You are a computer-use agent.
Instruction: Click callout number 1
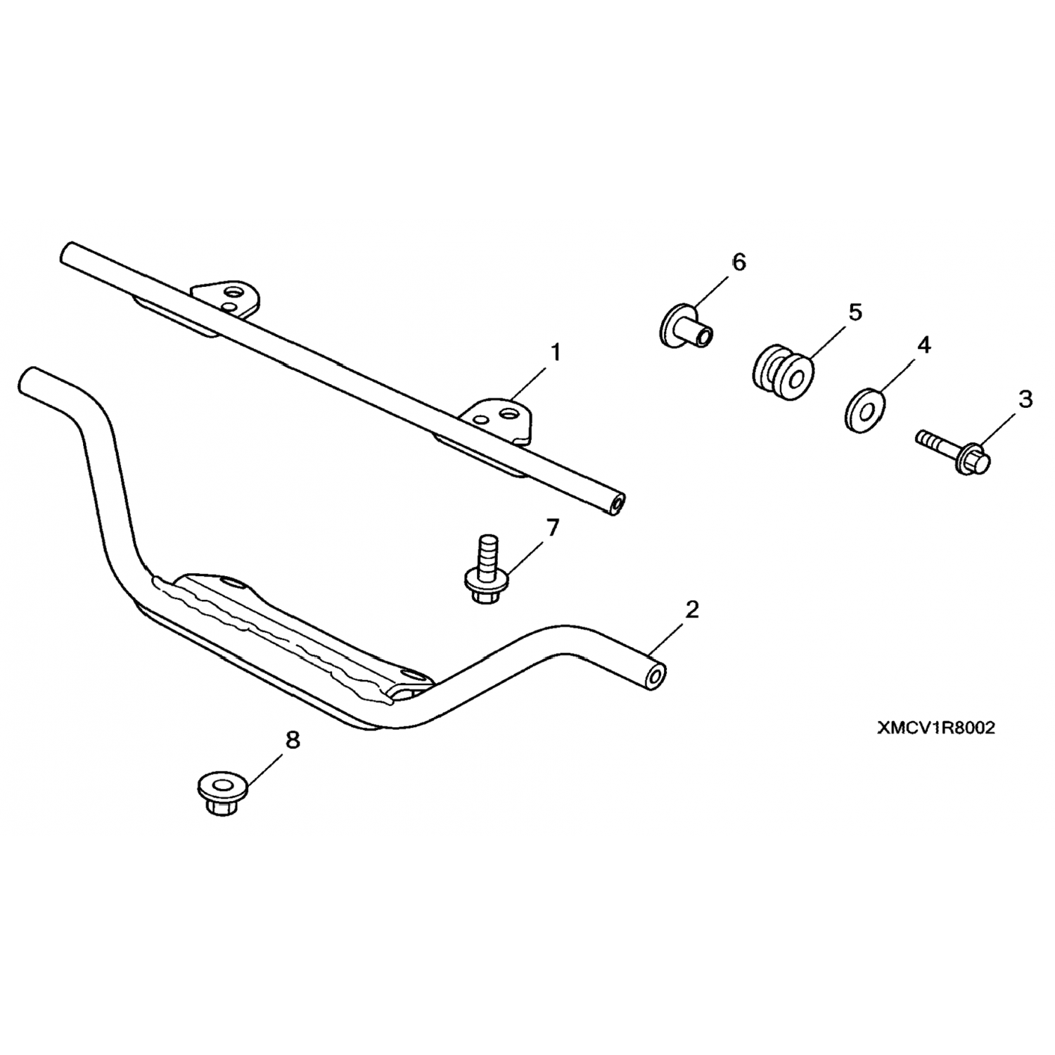(x=556, y=352)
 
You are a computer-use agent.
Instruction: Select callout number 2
(x=692, y=610)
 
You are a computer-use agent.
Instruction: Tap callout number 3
(x=1026, y=399)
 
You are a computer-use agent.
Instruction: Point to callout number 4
(x=923, y=345)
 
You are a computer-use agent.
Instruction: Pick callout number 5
(x=855, y=312)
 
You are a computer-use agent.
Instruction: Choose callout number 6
(x=738, y=262)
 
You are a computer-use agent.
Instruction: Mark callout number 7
(x=553, y=527)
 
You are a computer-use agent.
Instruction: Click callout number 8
(x=292, y=740)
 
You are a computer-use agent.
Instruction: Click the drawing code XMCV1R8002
(x=935, y=729)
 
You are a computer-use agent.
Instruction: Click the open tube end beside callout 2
(x=655, y=677)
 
